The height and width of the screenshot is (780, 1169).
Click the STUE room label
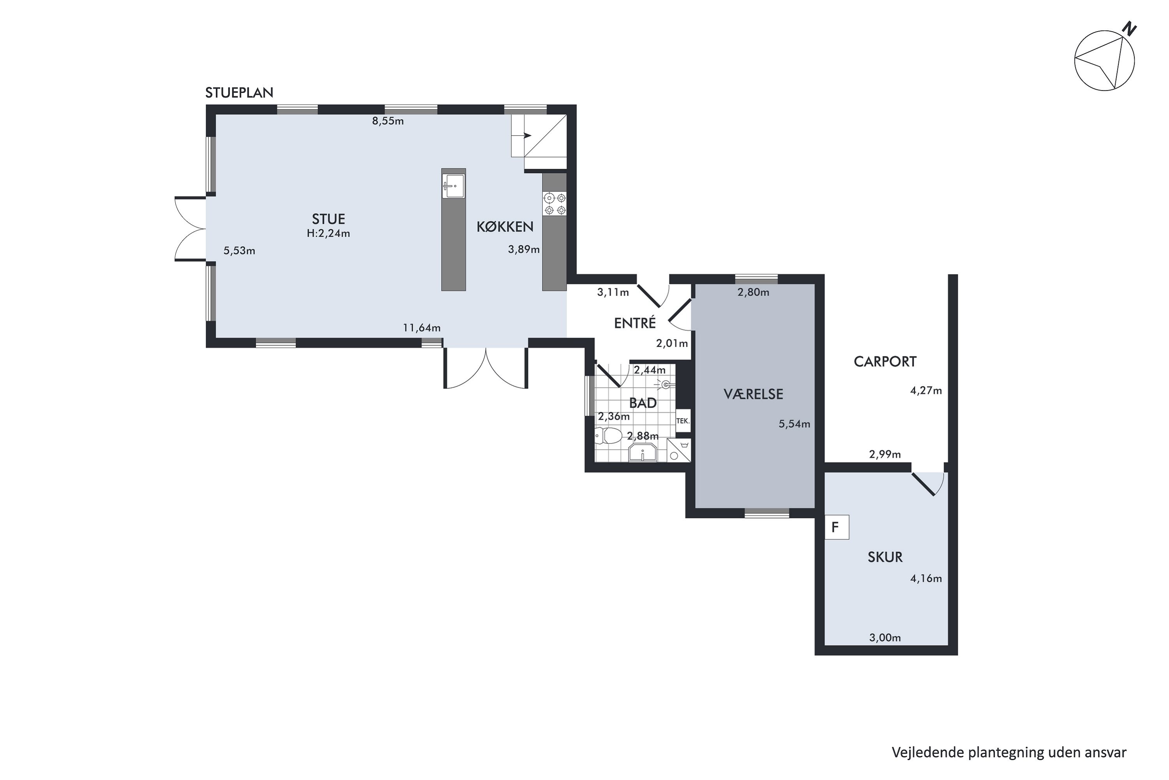pyautogui.click(x=328, y=219)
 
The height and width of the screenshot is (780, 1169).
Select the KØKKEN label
pyautogui.click(x=505, y=227)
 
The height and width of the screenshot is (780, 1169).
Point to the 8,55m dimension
pyautogui.click(x=388, y=121)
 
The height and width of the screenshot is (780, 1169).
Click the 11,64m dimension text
pyautogui.click(x=422, y=328)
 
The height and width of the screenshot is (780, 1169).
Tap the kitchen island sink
pyautogui.click(x=453, y=186)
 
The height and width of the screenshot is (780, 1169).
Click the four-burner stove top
pyautogui.click(x=554, y=204)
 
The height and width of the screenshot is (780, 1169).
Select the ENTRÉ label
pyautogui.click(x=635, y=323)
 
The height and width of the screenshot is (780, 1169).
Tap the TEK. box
pyautogui.click(x=683, y=421)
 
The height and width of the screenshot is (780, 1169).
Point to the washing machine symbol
pyautogui.click(x=678, y=450)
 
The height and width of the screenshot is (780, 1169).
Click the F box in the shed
pyautogui.click(x=837, y=527)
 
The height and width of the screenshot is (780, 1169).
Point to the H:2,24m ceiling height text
pyautogui.click(x=328, y=233)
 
